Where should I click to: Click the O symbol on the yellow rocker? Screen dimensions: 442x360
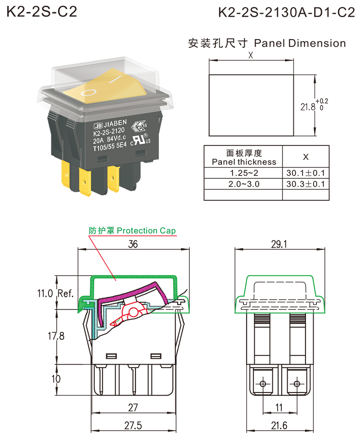89,93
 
